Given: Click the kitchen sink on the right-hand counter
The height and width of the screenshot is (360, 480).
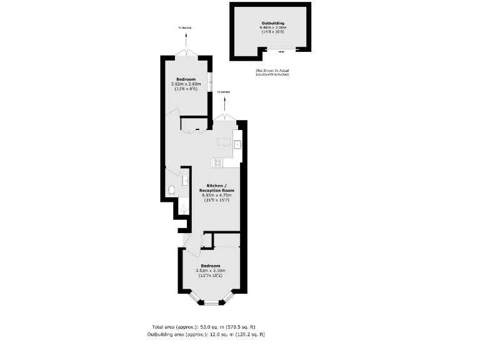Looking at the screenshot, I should [237, 145].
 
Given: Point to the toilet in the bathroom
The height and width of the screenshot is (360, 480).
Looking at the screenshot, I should [171, 190].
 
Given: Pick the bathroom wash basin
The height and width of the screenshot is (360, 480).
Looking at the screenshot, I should [186, 181].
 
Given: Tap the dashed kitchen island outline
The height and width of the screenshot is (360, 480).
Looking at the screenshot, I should [224, 141].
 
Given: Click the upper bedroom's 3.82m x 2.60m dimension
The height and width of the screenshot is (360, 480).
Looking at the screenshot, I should [186, 84].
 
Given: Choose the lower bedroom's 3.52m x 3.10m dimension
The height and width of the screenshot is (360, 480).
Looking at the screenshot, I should [209, 271].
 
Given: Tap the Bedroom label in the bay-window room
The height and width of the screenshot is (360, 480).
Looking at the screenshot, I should [209, 266].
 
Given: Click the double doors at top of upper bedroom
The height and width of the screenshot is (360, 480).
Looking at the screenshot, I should [186, 54].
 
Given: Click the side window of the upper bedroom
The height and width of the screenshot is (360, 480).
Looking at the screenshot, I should [210, 81].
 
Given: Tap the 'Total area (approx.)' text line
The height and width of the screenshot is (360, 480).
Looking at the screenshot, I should [204, 327].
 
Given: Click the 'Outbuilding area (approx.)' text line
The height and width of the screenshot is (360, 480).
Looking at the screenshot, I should [206, 334].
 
